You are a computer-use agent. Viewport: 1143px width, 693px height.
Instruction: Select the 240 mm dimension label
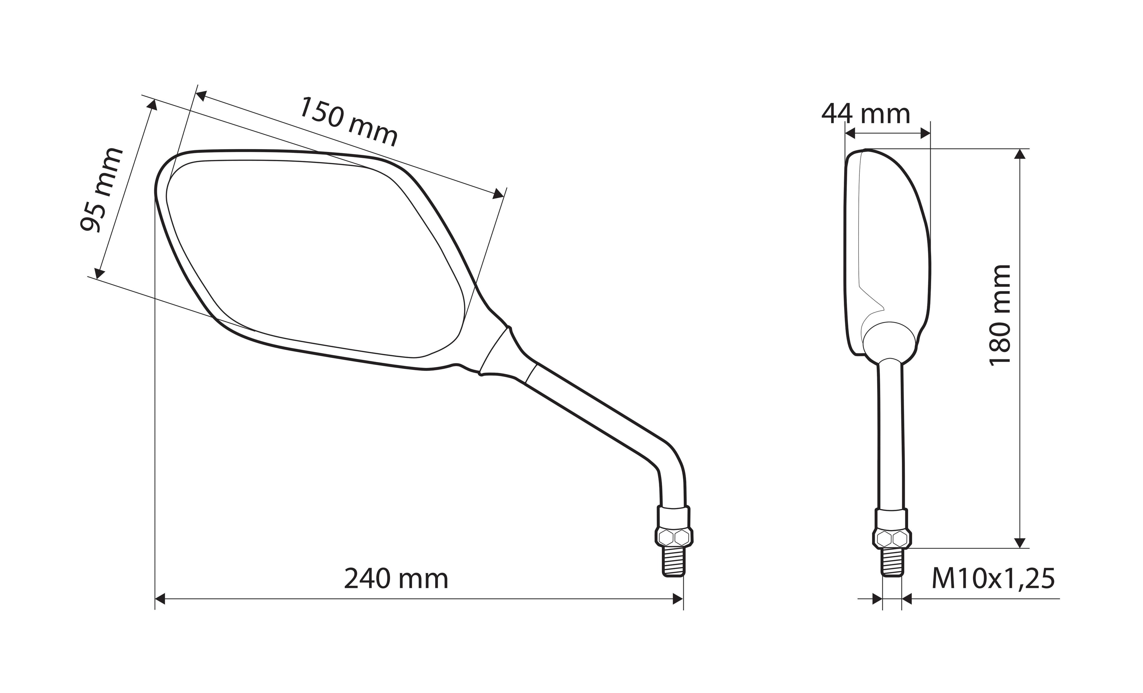click(x=396, y=579)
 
